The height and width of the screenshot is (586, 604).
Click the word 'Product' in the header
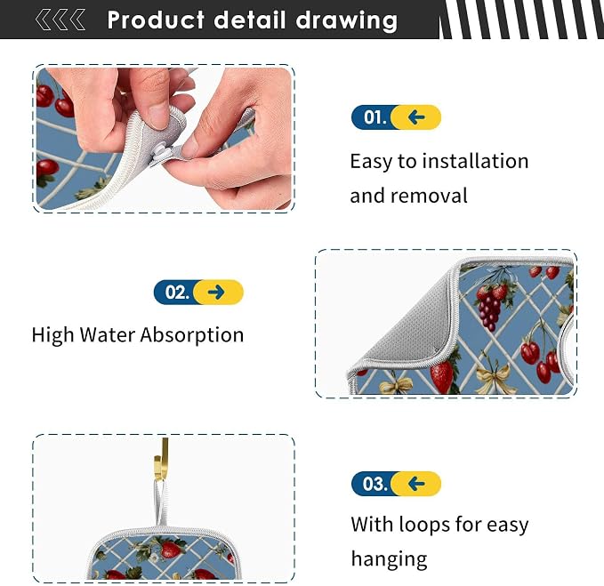[156, 20]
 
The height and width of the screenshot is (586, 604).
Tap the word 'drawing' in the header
[347, 21]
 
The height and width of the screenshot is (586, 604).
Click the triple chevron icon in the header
[60, 20]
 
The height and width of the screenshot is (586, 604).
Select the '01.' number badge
[373, 117]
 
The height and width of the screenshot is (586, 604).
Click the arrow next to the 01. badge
[417, 117]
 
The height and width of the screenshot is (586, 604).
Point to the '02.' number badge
[175, 293]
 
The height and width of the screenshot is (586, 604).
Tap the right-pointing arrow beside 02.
[216, 293]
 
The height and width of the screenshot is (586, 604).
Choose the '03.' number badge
[373, 484]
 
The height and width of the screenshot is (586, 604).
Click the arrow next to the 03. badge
[417, 484]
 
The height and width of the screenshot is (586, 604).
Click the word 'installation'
[475, 161]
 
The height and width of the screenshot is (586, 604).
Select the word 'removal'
[429, 196]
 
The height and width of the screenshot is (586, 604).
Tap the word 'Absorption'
[192, 335]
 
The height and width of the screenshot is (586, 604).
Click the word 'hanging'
[390, 559]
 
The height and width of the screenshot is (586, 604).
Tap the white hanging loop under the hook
[161, 502]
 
